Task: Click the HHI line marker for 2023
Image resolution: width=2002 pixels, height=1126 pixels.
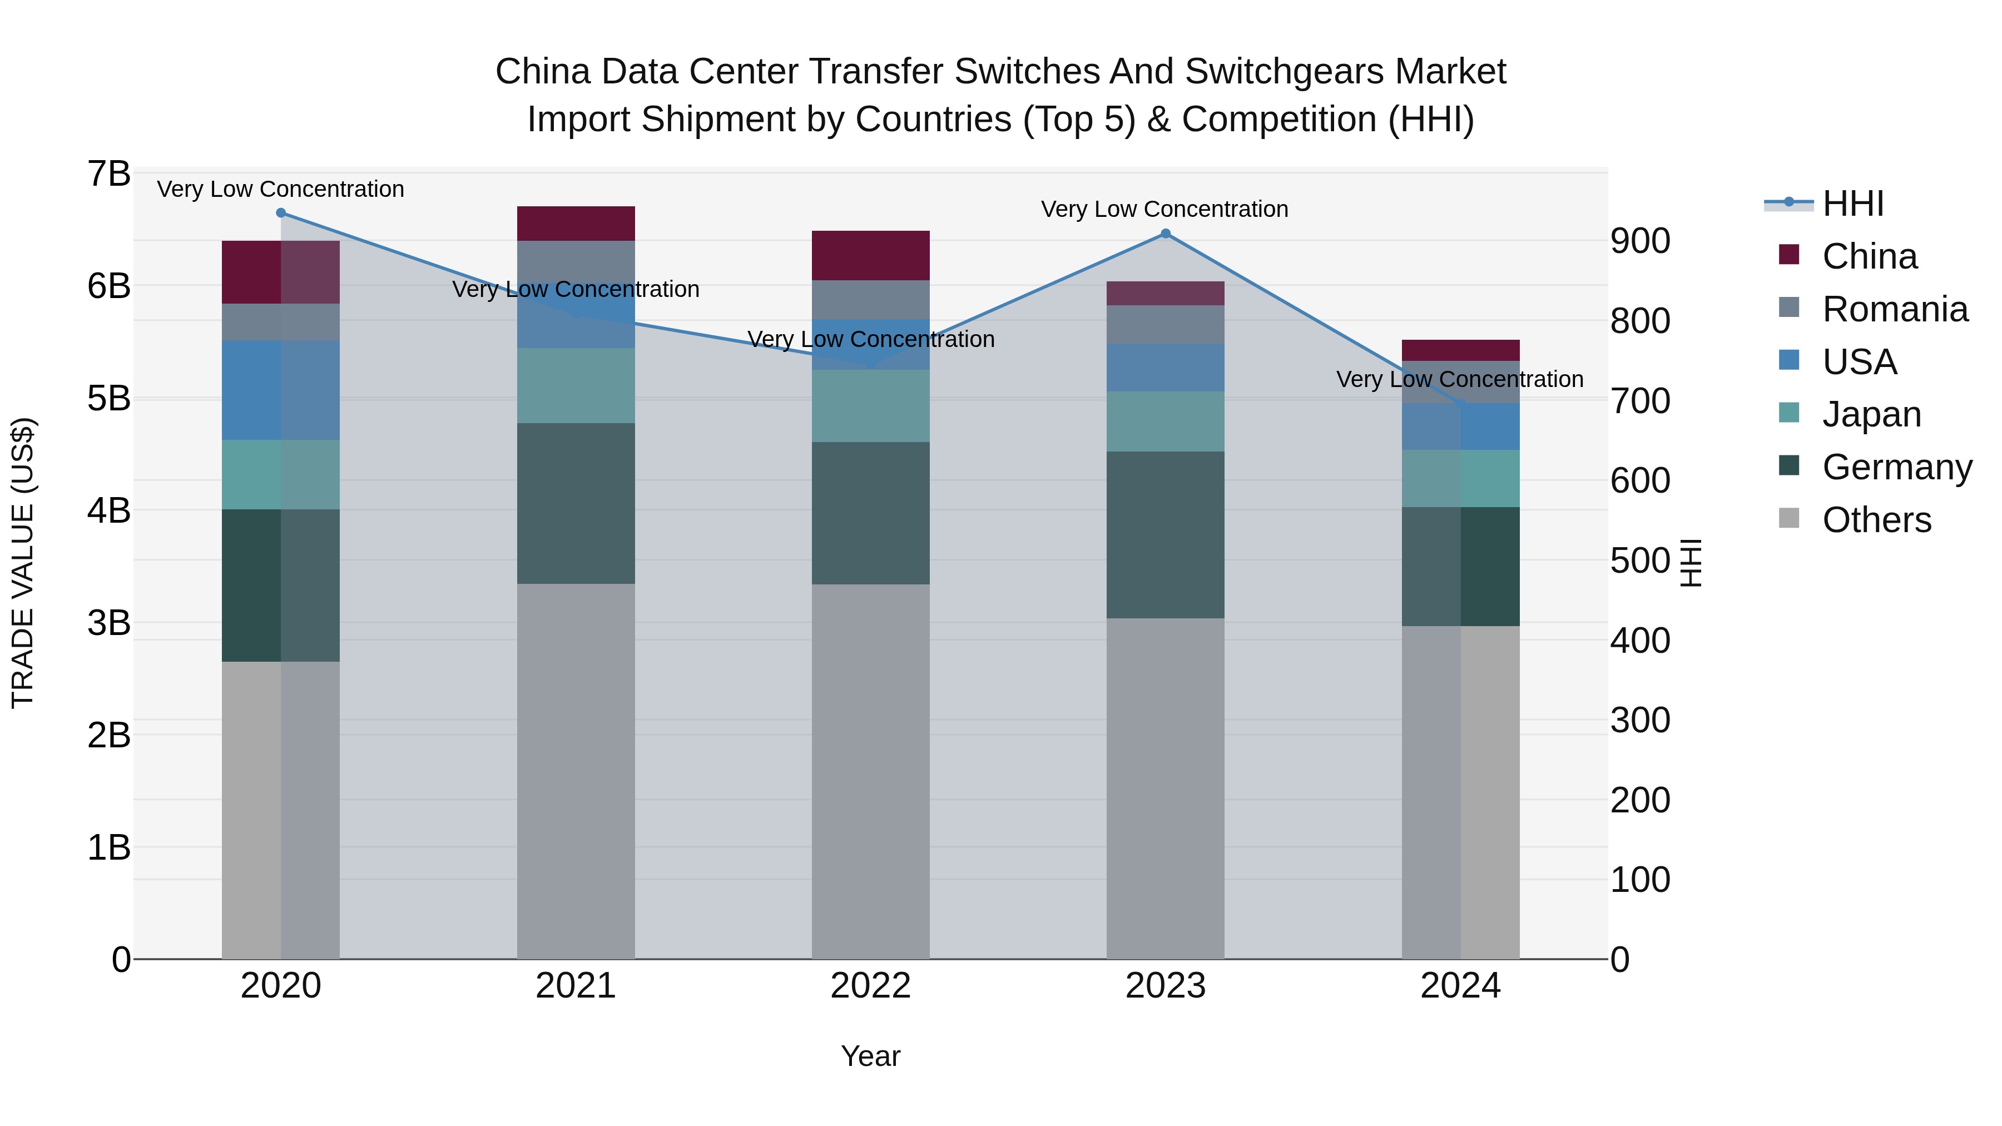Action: tap(1165, 234)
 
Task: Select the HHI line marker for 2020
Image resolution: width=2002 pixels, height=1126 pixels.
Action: tap(281, 213)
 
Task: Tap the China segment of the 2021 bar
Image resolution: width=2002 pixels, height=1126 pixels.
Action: tap(576, 224)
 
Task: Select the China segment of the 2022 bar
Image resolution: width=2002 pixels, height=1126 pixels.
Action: tap(870, 256)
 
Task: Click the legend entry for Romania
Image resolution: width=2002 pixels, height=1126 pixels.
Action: tap(1895, 309)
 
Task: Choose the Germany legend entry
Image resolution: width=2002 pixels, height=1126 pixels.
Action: tap(1896, 468)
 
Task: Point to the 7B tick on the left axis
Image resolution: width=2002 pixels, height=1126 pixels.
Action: tap(109, 174)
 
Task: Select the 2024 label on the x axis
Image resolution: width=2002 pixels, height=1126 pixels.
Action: tap(1460, 986)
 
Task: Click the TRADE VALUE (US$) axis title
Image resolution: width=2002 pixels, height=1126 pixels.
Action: tap(23, 563)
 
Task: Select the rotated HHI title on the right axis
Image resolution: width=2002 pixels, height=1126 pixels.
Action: tap(1691, 563)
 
